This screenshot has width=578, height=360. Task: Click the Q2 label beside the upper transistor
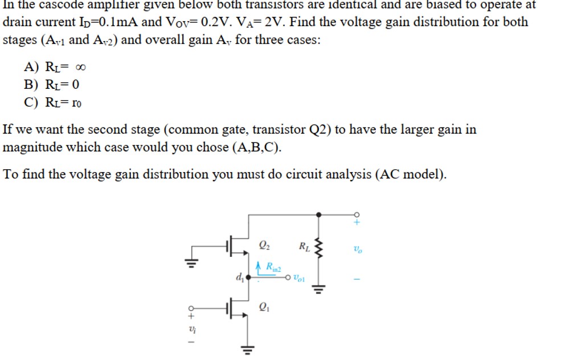[x=264, y=246]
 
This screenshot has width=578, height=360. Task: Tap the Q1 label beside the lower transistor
[x=264, y=307]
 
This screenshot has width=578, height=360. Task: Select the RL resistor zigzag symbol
[x=318, y=248]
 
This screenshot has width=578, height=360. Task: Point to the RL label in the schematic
[x=305, y=247]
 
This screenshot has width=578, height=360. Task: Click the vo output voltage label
[x=357, y=249]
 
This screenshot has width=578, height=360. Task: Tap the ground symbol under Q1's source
[x=248, y=349]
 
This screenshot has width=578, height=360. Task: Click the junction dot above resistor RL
[x=318, y=214]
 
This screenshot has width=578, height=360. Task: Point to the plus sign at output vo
[x=358, y=223]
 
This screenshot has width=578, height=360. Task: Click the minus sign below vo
[x=358, y=279]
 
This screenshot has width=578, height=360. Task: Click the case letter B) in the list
[x=31, y=85]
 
